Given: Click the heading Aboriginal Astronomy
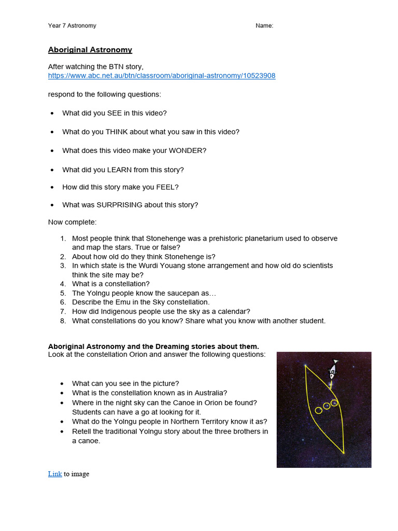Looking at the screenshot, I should pyautogui.click(x=90, y=50).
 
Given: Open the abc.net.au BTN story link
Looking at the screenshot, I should pyautogui.click(x=162, y=76).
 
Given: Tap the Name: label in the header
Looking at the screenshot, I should pyautogui.click(x=264, y=26).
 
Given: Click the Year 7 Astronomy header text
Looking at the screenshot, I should pyautogui.click(x=72, y=26).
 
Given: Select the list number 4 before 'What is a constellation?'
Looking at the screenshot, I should pyautogui.click(x=63, y=284).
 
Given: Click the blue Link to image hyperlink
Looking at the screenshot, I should pyautogui.click(x=55, y=474).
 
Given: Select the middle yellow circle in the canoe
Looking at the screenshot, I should pyautogui.click(x=326, y=406).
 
